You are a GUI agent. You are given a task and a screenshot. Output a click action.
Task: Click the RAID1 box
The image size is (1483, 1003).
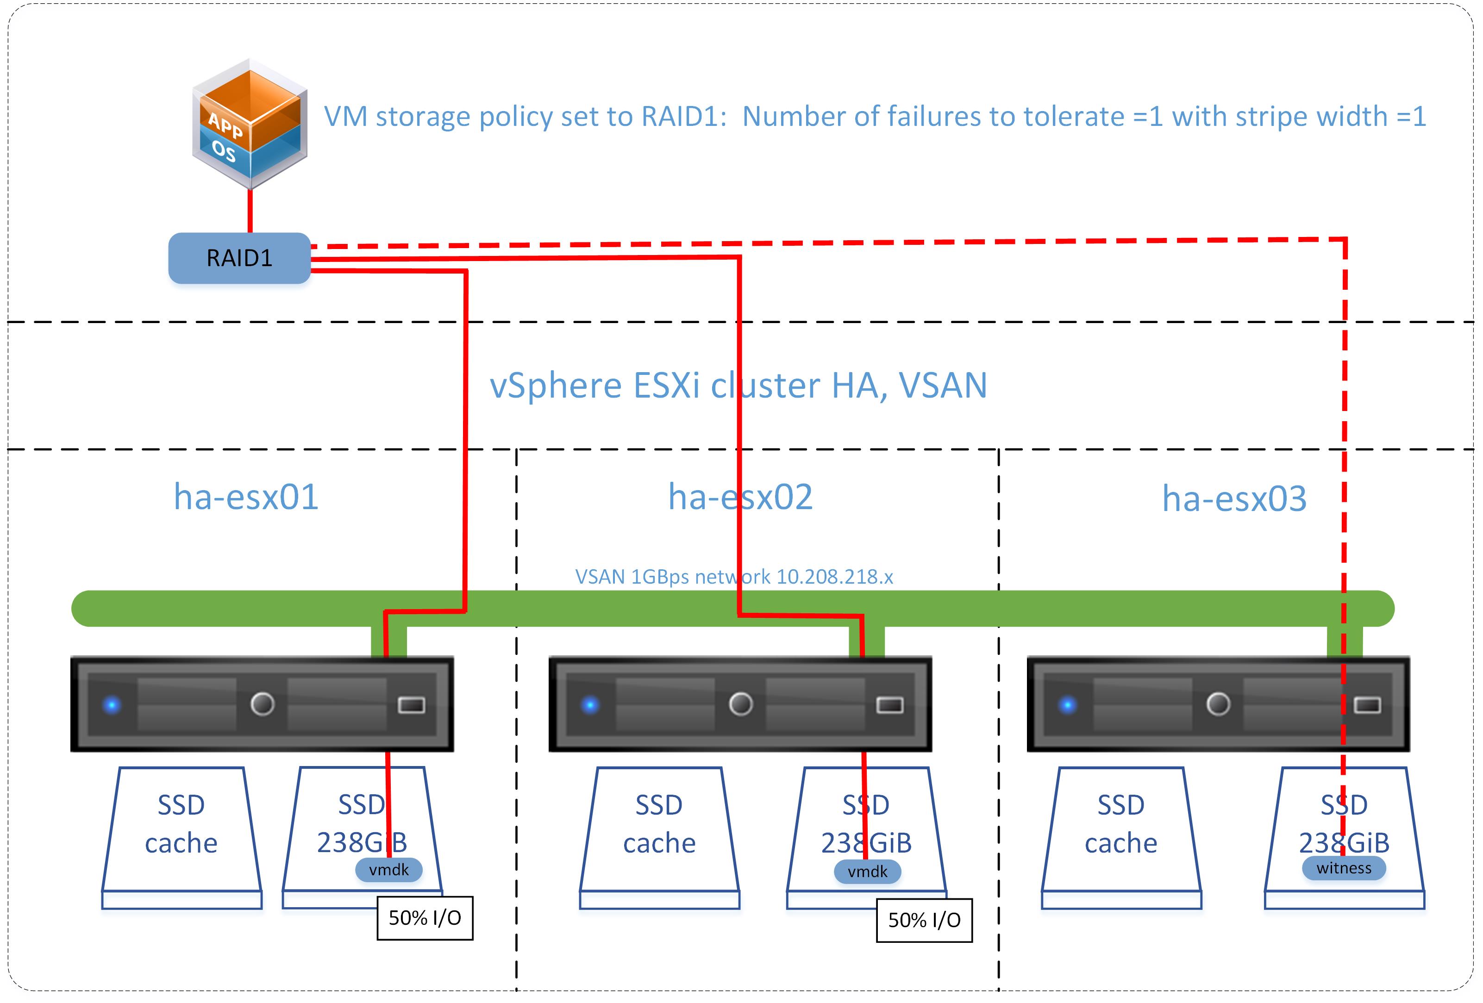click(239, 258)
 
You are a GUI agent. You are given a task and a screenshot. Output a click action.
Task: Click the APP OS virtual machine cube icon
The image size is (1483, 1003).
click(250, 125)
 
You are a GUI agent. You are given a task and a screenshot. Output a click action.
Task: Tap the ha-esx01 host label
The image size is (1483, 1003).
click(246, 497)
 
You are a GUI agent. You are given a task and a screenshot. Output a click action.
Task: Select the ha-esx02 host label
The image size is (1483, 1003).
click(740, 497)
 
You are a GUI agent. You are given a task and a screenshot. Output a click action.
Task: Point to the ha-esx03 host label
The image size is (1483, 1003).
click(1234, 498)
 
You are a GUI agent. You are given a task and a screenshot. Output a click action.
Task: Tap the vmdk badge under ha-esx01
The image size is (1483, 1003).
click(388, 870)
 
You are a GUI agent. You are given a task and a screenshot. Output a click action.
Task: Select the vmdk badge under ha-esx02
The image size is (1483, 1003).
click(867, 872)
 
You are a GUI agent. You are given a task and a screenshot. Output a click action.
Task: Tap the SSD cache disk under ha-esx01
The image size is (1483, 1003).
click(181, 829)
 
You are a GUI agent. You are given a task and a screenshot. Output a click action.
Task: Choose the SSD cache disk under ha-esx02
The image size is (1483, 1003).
click(659, 829)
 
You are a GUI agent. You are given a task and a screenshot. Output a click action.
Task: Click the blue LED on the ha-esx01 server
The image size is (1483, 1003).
click(112, 705)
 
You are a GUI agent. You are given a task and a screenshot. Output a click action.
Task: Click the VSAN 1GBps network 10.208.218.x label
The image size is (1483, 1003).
click(734, 577)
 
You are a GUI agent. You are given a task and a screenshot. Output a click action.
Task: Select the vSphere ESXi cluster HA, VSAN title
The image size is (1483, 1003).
click(738, 386)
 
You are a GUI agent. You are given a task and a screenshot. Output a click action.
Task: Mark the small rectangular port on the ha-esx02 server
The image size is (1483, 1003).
click(889, 705)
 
